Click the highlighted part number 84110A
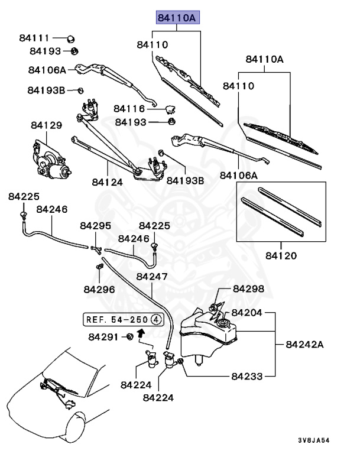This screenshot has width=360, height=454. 178,18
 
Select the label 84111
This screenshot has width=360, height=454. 34,38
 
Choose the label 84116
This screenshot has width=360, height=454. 129,109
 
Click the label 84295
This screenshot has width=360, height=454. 96,226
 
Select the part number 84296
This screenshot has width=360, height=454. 99,288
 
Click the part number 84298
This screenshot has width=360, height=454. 248,288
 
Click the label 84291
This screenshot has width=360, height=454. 103,337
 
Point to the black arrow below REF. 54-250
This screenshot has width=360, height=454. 141,333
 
